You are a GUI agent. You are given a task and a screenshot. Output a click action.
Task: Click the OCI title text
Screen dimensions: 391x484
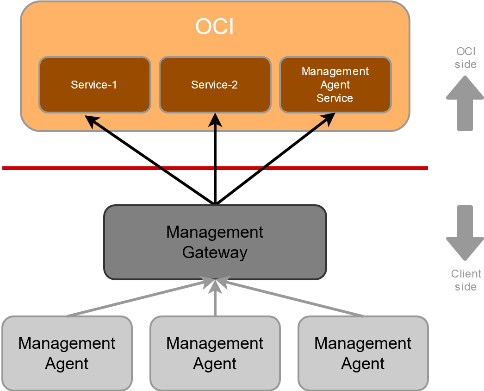pyautogui.click(x=214, y=27)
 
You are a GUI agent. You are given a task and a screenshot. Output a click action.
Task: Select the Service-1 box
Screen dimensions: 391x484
pyautogui.click(x=94, y=85)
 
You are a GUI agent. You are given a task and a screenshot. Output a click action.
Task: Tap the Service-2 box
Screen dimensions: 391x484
pyautogui.click(x=215, y=85)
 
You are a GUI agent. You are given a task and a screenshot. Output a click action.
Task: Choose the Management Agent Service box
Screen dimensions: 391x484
pyautogui.click(x=335, y=85)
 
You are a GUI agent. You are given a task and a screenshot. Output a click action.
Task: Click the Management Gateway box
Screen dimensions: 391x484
pyautogui.click(x=215, y=242)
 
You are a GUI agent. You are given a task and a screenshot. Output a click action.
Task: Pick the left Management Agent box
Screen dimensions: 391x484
pyautogui.click(x=67, y=353)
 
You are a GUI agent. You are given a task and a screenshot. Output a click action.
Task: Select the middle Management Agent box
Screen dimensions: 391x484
pyautogui.click(x=215, y=353)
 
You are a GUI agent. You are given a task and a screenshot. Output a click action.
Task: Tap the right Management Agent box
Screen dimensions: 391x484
pyautogui.click(x=363, y=353)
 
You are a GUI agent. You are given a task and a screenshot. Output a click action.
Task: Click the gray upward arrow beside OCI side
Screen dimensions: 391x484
pyautogui.click(x=465, y=103)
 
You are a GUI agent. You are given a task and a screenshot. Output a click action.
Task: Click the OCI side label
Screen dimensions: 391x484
pyautogui.click(x=465, y=58)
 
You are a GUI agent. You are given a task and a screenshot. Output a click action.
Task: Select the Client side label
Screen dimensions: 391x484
pyautogui.click(x=466, y=280)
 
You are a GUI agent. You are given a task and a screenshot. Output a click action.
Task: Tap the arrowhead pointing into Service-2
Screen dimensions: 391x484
pyautogui.click(x=215, y=120)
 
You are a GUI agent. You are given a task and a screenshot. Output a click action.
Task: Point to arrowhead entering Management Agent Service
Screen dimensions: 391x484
pyautogui.click(x=329, y=120)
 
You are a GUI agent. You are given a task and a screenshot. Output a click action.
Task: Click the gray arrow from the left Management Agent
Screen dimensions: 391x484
pyautogui.click(x=139, y=298)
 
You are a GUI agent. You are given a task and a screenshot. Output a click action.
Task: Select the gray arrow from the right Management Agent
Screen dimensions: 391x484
pyautogui.click(x=292, y=298)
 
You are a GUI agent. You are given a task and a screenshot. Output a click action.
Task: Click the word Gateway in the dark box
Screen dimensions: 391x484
pyautogui.click(x=215, y=252)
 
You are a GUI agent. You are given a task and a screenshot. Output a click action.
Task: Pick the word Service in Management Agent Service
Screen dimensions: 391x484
pyautogui.click(x=335, y=98)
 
